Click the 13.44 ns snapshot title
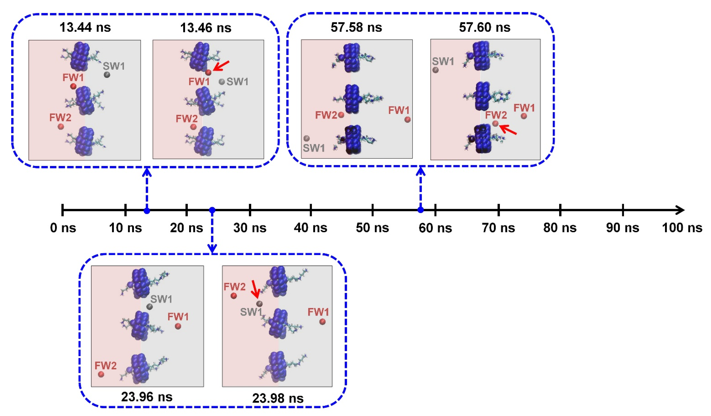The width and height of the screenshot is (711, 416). pyautogui.click(x=85, y=28)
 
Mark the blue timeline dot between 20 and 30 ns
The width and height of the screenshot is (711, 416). pyautogui.click(x=212, y=210)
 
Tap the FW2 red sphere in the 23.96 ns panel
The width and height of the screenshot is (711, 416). pyautogui.click(x=101, y=374)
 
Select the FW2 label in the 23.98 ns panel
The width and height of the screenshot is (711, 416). pyautogui.click(x=234, y=287)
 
